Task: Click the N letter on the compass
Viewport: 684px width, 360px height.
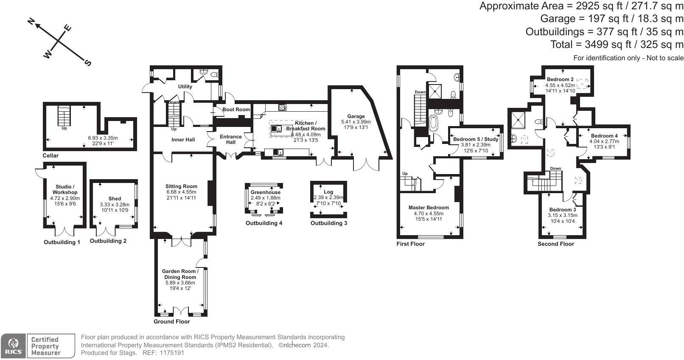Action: coord(31,21)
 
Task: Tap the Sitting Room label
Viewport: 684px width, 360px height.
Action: coord(181,186)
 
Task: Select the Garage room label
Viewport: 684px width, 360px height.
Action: coord(356,116)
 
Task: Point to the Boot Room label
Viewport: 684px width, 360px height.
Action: coord(236,110)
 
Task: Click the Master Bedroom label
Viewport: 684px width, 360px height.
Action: coord(429,208)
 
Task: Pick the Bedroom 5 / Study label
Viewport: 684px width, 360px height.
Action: coord(476,139)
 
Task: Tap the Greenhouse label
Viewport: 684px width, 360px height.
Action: coord(265,192)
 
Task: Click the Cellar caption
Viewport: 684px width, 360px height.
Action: coord(50,155)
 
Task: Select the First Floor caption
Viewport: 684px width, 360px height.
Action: coord(410,244)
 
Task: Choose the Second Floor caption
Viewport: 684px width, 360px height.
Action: coord(556,244)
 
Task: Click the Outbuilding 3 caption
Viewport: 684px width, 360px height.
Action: coord(328,223)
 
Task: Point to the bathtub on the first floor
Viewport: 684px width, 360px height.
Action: coord(433,124)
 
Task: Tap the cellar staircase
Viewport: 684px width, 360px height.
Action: coord(64,115)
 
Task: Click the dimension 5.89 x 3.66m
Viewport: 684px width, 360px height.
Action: coord(180,283)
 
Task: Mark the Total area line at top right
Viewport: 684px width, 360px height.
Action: coord(617,45)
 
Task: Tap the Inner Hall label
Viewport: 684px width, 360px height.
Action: coord(183,140)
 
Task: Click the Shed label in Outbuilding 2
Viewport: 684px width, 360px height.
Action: coord(115,199)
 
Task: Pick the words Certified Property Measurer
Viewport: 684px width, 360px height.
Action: coord(45,346)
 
